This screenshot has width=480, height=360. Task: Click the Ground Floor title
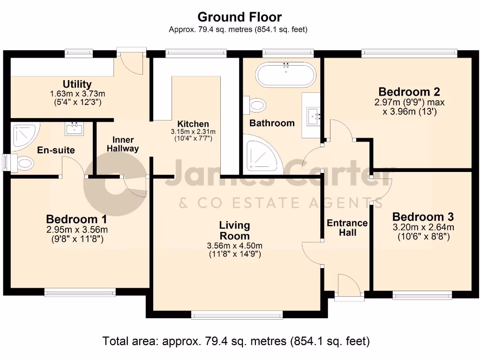240,17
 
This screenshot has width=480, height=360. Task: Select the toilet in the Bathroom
255,105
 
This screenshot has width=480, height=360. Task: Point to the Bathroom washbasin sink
313,116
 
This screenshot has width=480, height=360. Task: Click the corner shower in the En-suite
23,136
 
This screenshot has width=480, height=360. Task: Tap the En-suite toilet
22,163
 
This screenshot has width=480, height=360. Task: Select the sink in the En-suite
74,128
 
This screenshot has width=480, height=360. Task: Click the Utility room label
77,84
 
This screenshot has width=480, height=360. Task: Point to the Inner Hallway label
122,144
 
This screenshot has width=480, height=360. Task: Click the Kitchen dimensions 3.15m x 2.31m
193,132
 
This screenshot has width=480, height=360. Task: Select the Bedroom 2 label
409,91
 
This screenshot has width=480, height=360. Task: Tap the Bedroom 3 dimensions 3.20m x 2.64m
423,227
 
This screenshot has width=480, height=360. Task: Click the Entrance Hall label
347,227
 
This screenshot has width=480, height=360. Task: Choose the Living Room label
234,231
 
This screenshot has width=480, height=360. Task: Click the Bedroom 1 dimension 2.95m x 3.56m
77,229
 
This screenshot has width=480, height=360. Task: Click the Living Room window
237,315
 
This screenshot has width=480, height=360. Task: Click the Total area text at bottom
236,341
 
